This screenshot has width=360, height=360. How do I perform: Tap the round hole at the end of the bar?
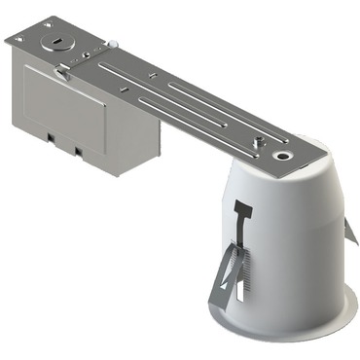(283, 154)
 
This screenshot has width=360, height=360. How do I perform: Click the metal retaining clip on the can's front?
(226, 268)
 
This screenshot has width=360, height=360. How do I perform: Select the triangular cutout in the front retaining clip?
(224, 281)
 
